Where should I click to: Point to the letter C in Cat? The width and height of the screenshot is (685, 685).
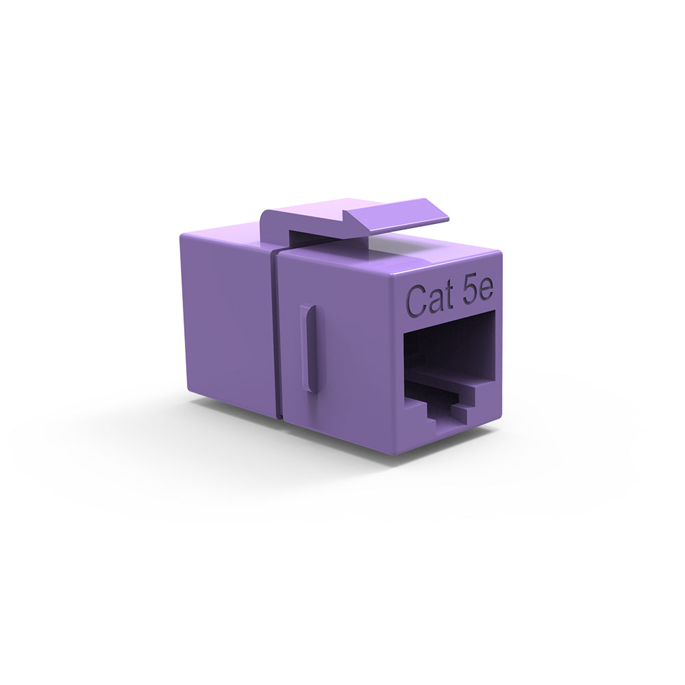click(x=416, y=300)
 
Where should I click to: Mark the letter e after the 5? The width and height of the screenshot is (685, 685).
click(x=486, y=292)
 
